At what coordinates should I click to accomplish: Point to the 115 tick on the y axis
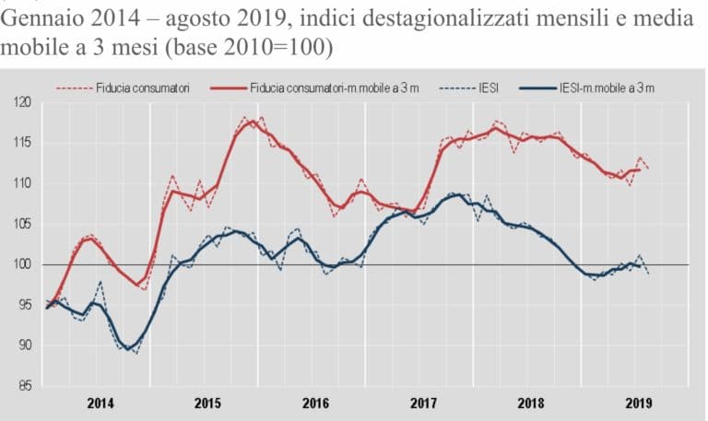[x=20, y=143]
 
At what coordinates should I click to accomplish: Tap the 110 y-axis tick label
[x=20, y=183]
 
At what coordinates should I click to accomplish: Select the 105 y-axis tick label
[x=20, y=224]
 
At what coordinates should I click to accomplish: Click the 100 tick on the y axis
[x=20, y=264]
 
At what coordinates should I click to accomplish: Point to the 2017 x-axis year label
[x=421, y=403]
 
